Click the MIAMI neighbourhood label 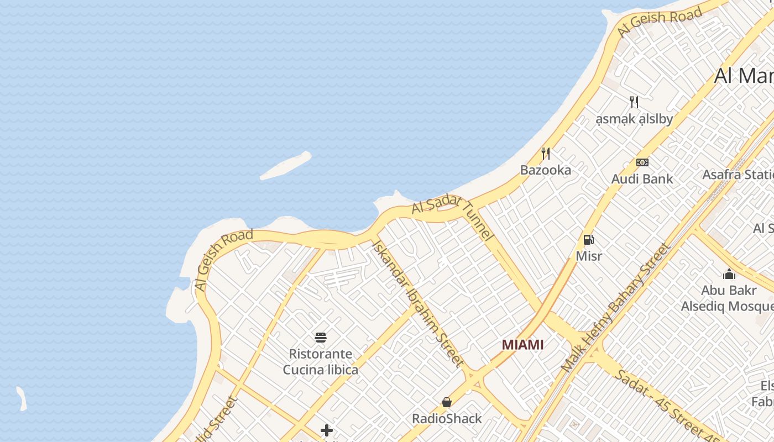(x=522, y=345)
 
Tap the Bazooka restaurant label (x=545, y=170)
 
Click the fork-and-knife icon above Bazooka (x=545, y=153)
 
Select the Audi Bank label (x=642, y=179)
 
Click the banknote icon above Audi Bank (x=642, y=162)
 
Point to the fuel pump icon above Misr (x=589, y=240)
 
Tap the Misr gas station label (x=589, y=256)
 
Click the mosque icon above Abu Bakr (x=729, y=274)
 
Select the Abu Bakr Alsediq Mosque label (x=728, y=298)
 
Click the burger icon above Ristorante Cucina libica (x=321, y=337)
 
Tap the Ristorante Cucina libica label (x=321, y=362)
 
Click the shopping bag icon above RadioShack (x=447, y=402)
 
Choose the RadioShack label (x=447, y=419)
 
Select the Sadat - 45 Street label (x=666, y=402)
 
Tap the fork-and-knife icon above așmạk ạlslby (x=634, y=102)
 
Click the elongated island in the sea (x=286, y=166)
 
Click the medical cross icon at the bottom (x=327, y=430)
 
